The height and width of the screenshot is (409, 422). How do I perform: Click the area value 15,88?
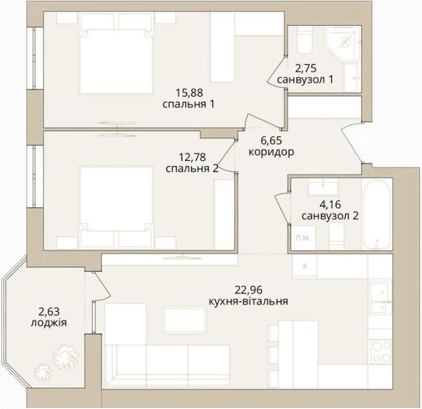point(189,93)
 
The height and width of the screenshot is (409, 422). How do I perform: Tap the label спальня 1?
point(188,104)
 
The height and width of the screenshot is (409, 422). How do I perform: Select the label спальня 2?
point(192,169)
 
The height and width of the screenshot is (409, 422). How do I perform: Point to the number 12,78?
point(192,157)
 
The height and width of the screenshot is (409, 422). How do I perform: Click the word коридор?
point(271,153)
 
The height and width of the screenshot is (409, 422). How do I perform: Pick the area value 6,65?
point(271,140)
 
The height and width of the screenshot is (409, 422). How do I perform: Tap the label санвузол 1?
point(305,80)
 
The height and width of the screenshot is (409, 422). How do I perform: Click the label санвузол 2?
point(330,216)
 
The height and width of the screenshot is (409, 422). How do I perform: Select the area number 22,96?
point(249,290)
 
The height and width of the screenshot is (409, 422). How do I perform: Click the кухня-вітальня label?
point(249,301)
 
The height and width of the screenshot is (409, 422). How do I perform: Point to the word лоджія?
point(49,323)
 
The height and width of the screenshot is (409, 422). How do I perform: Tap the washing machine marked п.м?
point(304,238)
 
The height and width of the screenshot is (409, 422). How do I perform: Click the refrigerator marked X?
point(304,266)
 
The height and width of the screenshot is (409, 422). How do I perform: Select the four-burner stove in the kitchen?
point(381,351)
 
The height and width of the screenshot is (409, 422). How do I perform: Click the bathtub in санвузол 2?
point(377,214)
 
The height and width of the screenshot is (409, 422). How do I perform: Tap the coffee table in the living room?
point(184,321)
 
